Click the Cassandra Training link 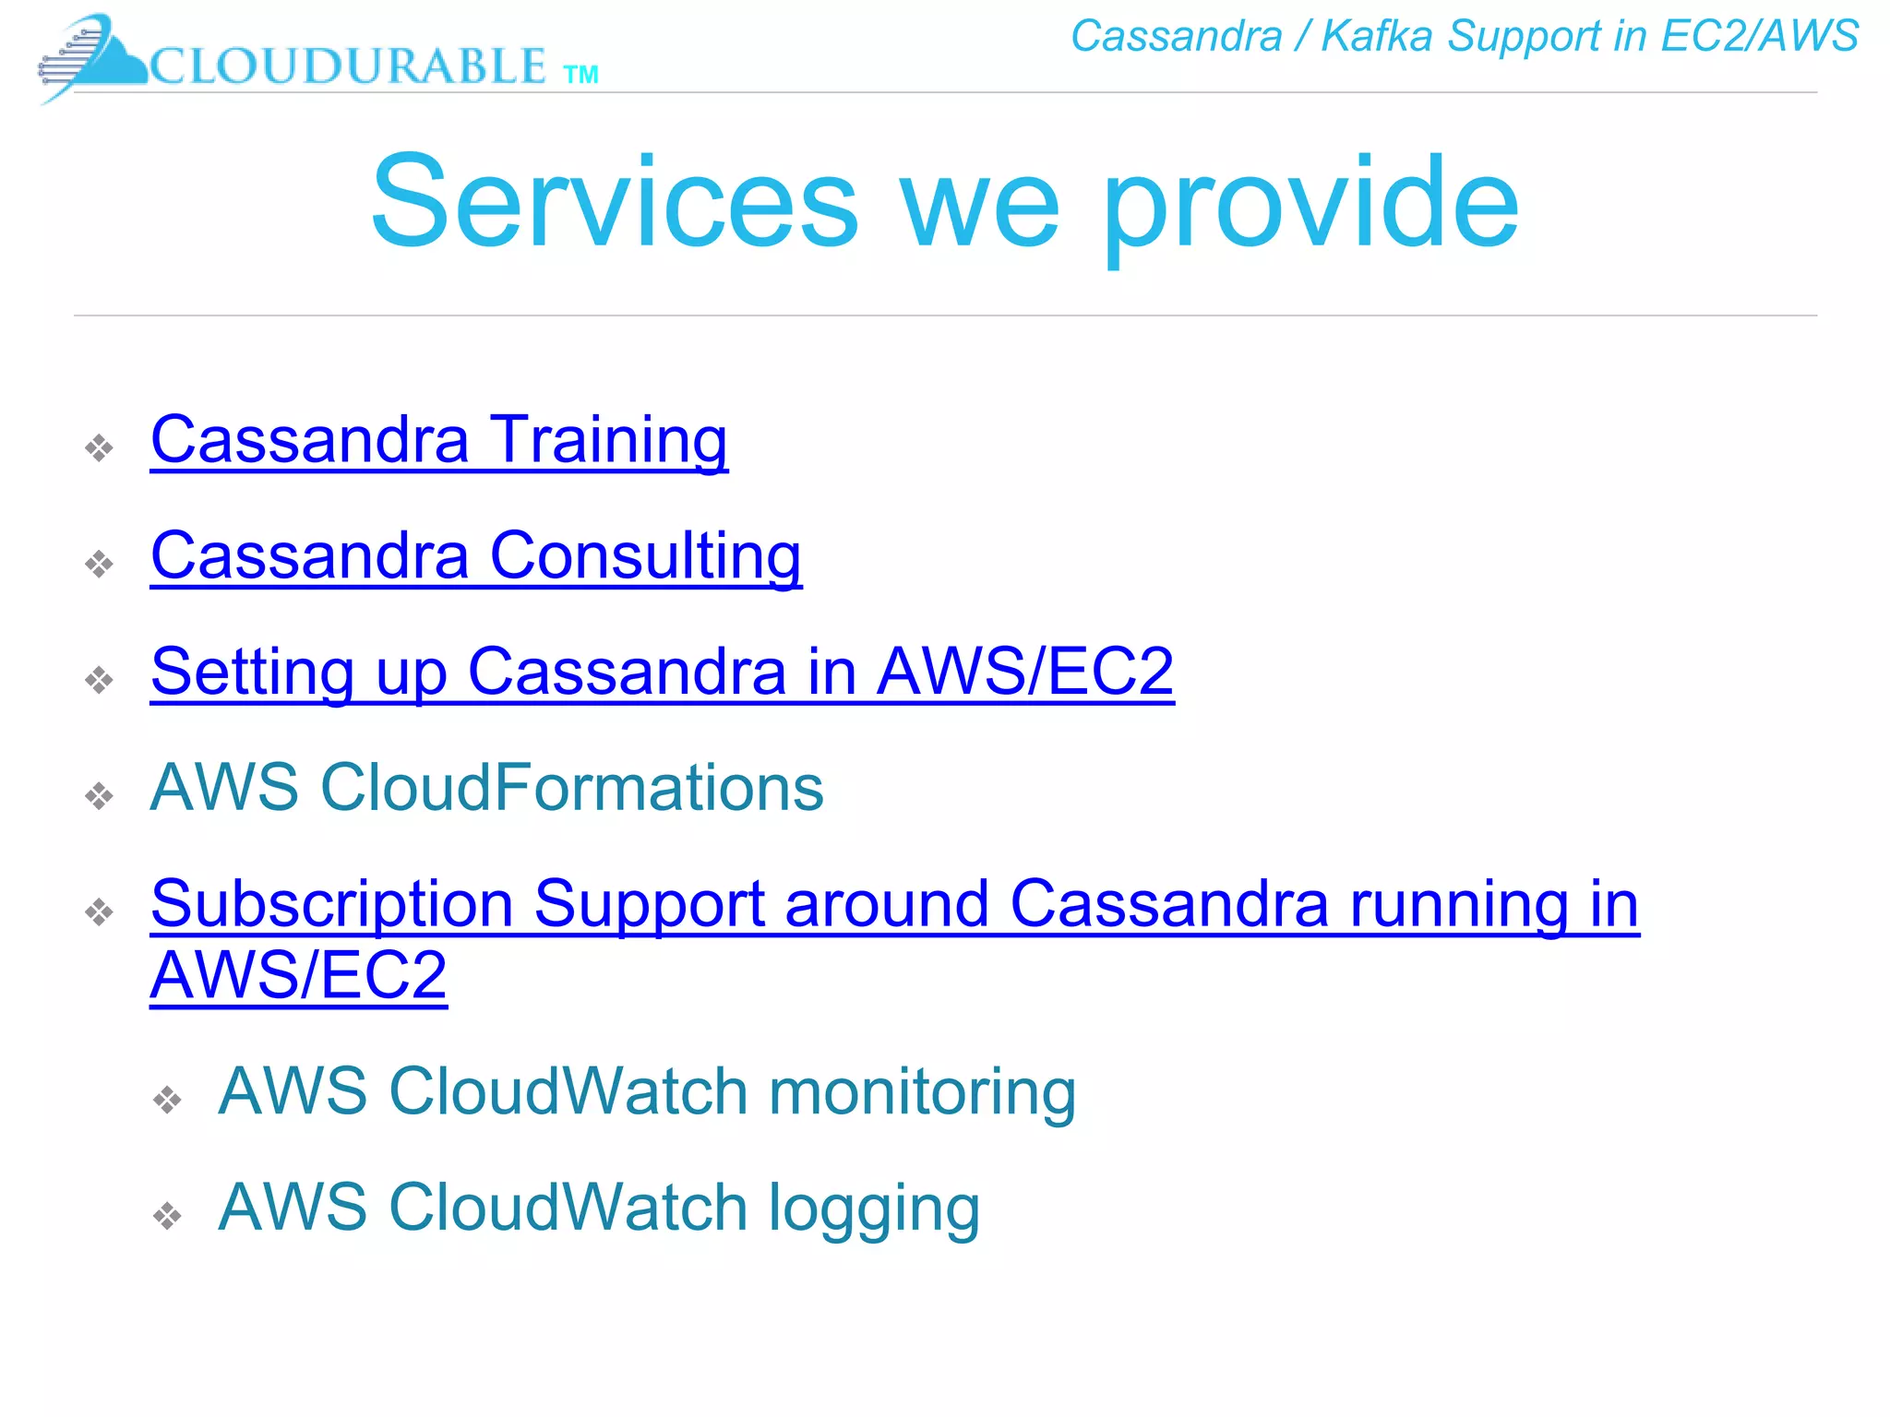(x=438, y=440)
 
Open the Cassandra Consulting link (x=475, y=556)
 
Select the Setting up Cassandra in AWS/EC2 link (x=662, y=672)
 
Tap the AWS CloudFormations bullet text (x=486, y=788)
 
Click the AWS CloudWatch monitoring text (x=646, y=1092)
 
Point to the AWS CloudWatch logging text (x=598, y=1209)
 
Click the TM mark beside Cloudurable (x=580, y=75)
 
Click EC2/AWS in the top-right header (x=1759, y=37)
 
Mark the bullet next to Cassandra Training (x=99, y=448)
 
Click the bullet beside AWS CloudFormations (x=99, y=795)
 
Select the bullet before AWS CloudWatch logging (x=167, y=1216)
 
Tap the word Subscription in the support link (x=331, y=904)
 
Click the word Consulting (x=645, y=556)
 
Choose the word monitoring (x=922, y=1092)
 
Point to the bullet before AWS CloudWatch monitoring (x=167, y=1100)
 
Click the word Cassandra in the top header (x=1176, y=37)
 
